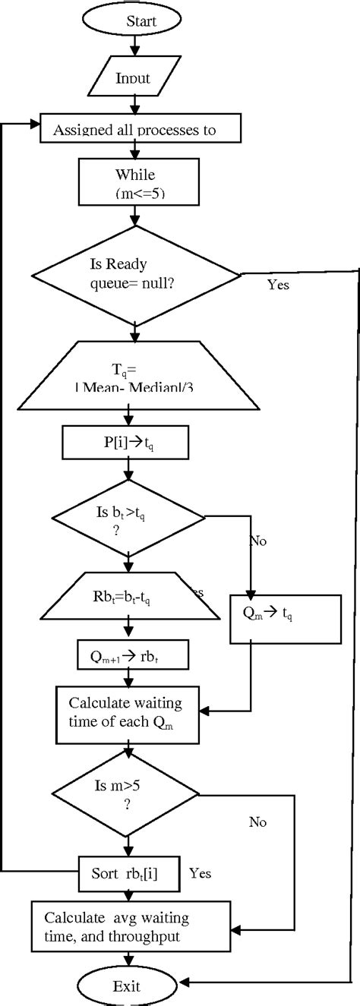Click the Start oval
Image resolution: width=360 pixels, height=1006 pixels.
click(134, 20)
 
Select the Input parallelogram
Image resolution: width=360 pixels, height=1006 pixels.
click(134, 77)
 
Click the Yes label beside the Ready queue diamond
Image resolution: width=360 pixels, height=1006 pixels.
click(278, 285)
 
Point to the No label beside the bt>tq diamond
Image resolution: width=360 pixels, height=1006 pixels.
click(257, 542)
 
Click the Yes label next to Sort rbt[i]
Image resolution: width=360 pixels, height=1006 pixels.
click(200, 872)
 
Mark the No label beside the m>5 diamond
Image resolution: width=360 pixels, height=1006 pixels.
click(257, 822)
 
